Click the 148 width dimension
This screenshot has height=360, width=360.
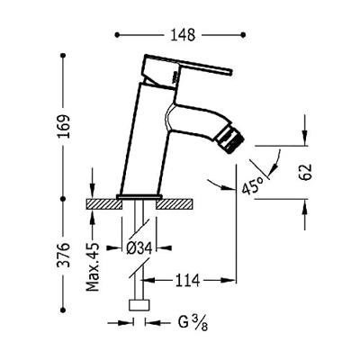pos(183,35)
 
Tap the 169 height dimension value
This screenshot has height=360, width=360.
pos(64,126)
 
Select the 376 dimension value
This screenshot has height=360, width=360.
pos(64,255)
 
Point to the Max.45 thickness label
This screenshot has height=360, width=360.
pos(93,266)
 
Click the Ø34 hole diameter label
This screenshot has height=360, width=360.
pos(139,248)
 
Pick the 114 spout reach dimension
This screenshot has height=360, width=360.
pos(187,281)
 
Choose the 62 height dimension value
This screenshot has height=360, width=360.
pos(306,172)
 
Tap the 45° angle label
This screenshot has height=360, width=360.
pos(252,185)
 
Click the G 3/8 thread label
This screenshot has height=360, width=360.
pos(193,323)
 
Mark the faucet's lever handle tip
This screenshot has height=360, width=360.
pos(231,72)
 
